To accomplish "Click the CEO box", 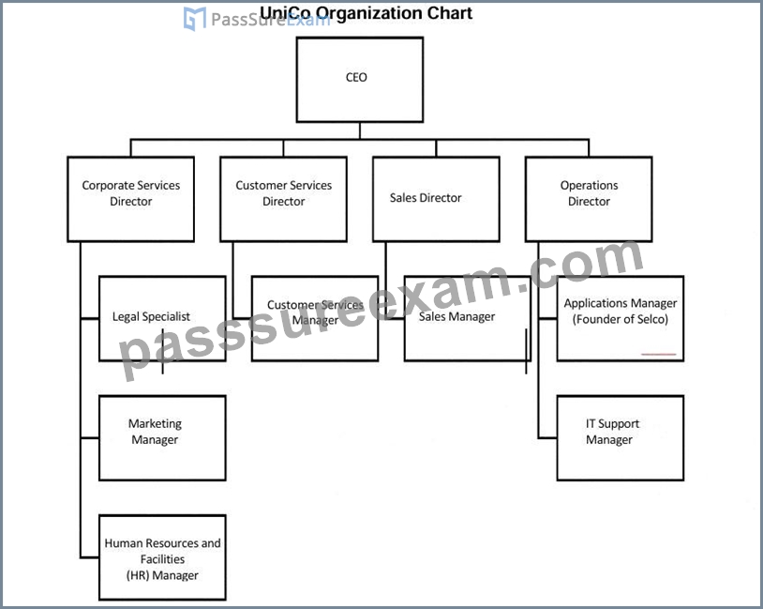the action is tap(360, 80).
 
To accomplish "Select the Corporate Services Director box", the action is tap(131, 199).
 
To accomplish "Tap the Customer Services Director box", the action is tap(284, 199).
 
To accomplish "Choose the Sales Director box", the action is tap(436, 199).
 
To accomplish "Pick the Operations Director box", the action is tap(589, 199).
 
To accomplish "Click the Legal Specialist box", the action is tap(162, 319).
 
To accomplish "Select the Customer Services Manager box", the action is tap(315, 319).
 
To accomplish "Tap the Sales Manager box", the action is tap(468, 319).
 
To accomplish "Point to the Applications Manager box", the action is tap(621, 319).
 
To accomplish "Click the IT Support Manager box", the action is tap(621, 438).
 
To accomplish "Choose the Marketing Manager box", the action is tap(162, 438).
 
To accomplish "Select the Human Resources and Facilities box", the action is tap(162, 557).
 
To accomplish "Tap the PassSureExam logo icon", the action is tap(195, 19).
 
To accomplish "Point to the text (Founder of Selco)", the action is tap(621, 319).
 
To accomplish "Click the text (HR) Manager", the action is tap(162, 575).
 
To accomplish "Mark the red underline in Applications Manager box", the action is tap(659, 354).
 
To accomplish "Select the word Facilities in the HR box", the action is tap(162, 559).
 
